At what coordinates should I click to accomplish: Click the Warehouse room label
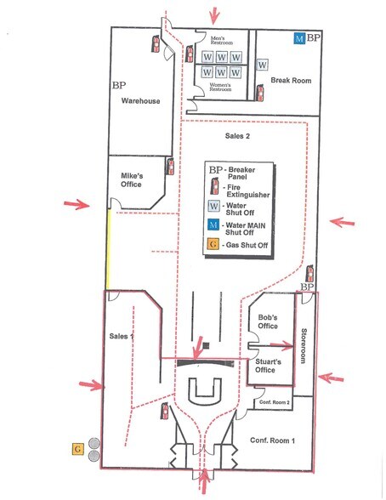click(x=140, y=101)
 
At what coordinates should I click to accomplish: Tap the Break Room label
click(x=289, y=80)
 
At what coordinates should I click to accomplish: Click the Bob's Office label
click(x=267, y=321)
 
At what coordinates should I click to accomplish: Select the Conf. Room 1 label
click(x=272, y=440)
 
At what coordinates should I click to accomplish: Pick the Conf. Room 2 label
click(x=275, y=402)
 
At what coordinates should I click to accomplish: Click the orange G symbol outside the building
click(x=77, y=447)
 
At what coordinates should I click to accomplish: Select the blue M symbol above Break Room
click(x=298, y=38)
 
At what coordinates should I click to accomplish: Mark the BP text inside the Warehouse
click(x=119, y=86)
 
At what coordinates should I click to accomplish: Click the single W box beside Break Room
click(x=262, y=65)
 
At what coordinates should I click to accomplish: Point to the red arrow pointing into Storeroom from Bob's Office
click(x=281, y=344)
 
